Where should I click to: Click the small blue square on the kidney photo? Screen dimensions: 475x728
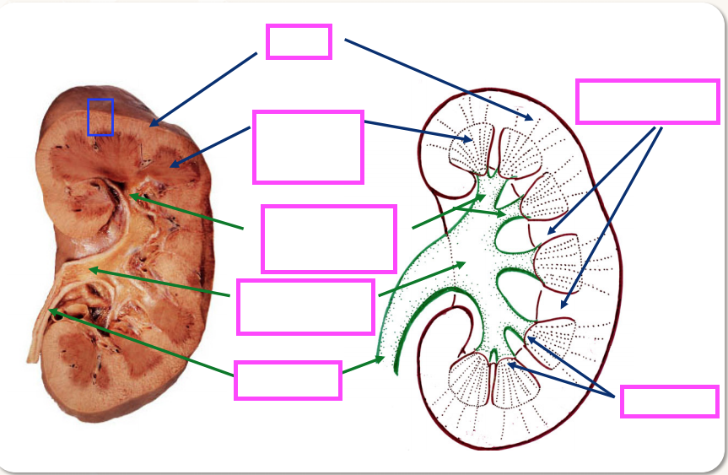point(100,116)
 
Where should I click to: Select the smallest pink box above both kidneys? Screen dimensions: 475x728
point(299,41)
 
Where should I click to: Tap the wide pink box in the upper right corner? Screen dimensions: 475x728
point(646,101)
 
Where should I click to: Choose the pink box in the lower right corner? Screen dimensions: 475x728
point(669,402)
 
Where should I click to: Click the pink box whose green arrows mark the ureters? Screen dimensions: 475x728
point(288,380)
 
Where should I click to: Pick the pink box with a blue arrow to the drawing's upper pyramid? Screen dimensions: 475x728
point(308,147)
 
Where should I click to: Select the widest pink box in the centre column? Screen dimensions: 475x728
point(329,239)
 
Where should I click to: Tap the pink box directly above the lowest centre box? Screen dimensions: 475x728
point(306,307)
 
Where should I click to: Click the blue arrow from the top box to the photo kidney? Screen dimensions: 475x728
point(203,89)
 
